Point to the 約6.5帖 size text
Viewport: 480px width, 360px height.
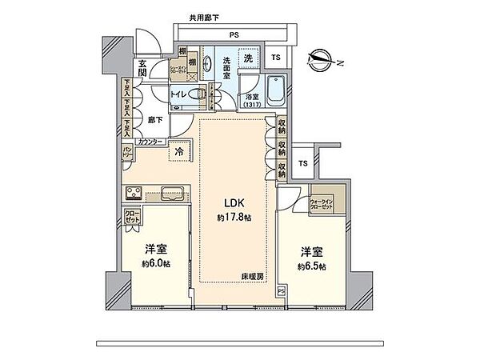pos(311,266)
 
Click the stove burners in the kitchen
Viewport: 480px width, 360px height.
pos(132,192)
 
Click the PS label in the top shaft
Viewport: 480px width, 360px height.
pos(234,34)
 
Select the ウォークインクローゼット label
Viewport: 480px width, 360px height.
pos(326,204)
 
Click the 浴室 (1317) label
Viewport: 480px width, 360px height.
pos(252,99)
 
